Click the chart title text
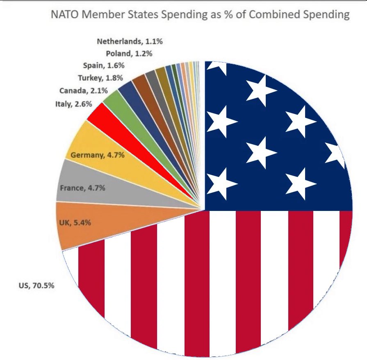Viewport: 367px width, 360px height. point(200,15)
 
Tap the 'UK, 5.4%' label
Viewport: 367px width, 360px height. point(73,223)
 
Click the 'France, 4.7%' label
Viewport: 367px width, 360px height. point(83,188)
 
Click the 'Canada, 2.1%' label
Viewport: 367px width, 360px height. point(80,91)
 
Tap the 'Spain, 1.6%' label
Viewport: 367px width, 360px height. point(105,66)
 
